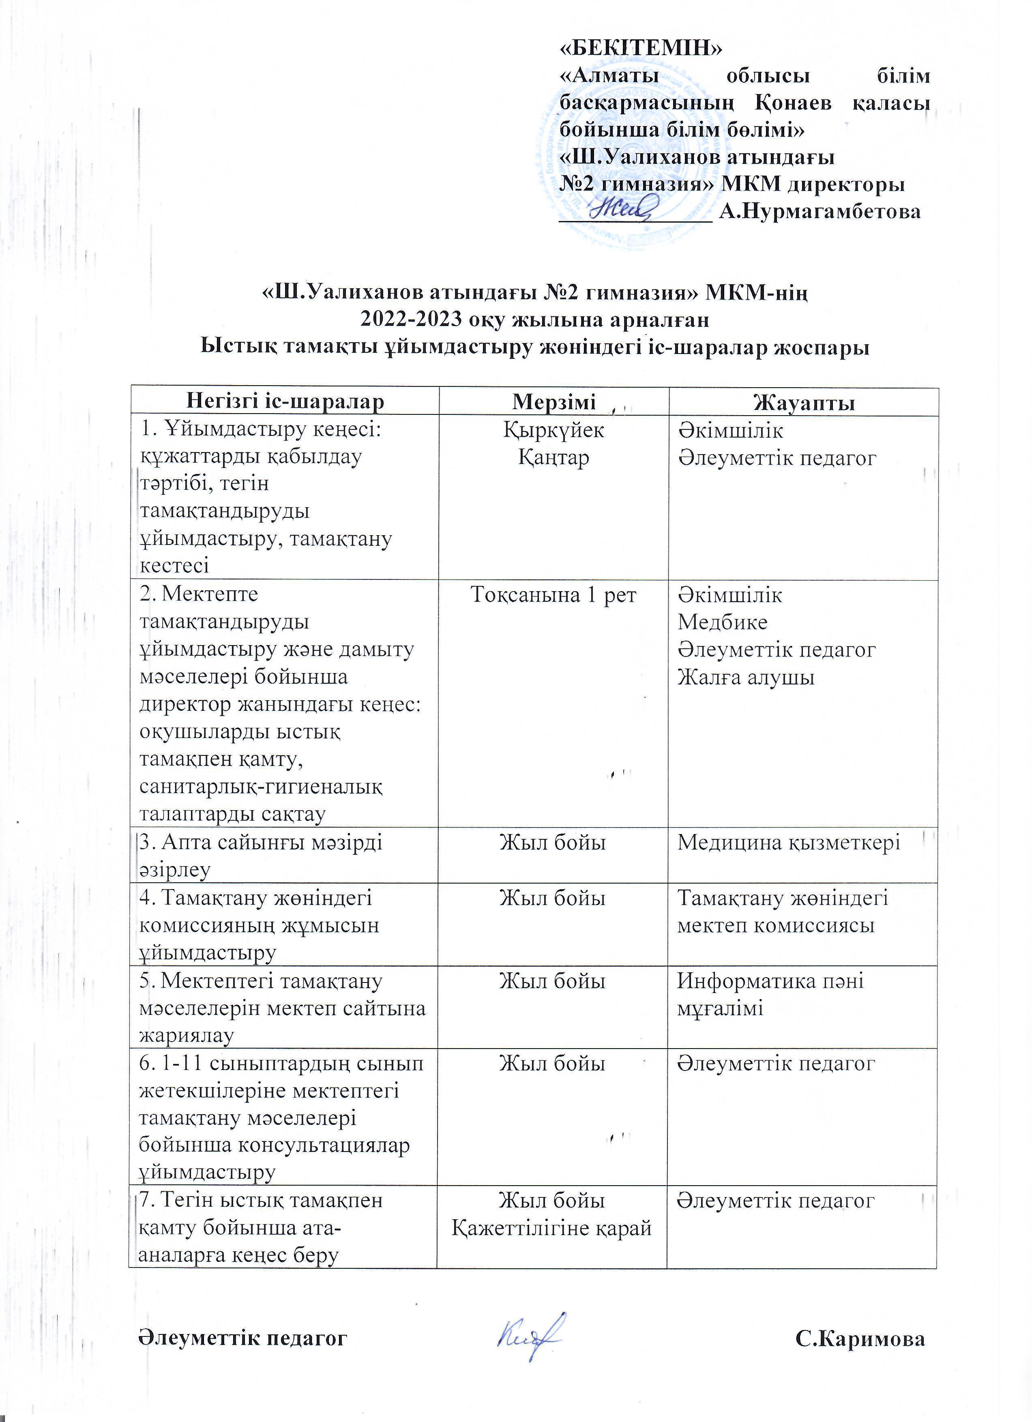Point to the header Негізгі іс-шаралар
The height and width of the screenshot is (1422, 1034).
286,401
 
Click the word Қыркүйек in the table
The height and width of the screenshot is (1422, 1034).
553,430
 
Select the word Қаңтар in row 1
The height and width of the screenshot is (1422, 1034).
553,458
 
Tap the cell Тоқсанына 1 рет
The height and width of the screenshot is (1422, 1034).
553,595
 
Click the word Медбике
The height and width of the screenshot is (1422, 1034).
722,622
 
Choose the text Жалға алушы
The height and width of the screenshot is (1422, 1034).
746,677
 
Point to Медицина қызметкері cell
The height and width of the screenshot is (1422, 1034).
789,843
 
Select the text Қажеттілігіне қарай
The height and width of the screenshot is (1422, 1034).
552,1228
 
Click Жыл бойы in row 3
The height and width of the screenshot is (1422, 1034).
552,843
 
